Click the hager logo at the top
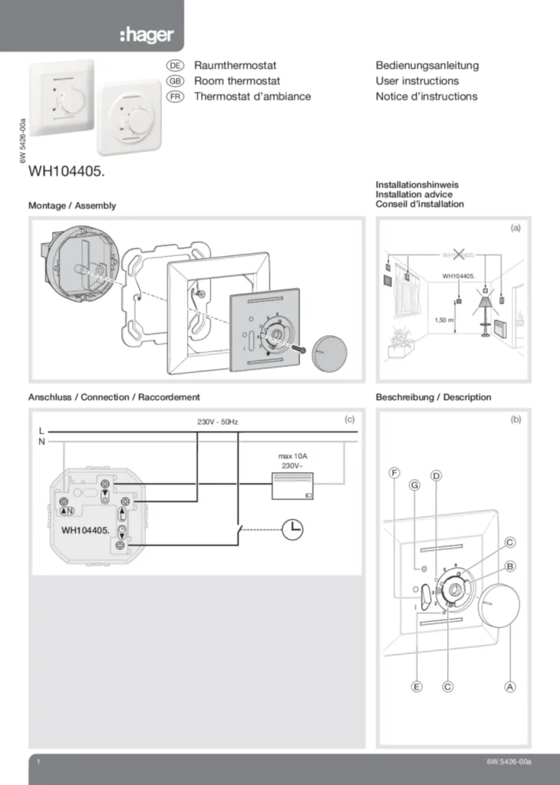(x=147, y=35)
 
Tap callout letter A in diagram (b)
(x=509, y=687)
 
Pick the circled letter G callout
(x=415, y=485)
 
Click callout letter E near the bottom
(x=417, y=687)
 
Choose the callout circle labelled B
(x=509, y=566)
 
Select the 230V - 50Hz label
(x=218, y=422)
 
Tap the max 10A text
(x=292, y=456)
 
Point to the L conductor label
(x=41, y=431)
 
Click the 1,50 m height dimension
(x=444, y=320)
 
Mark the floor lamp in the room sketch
(x=485, y=307)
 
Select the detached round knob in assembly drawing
(x=329, y=351)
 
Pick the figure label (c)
(x=349, y=419)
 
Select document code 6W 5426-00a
(x=509, y=763)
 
